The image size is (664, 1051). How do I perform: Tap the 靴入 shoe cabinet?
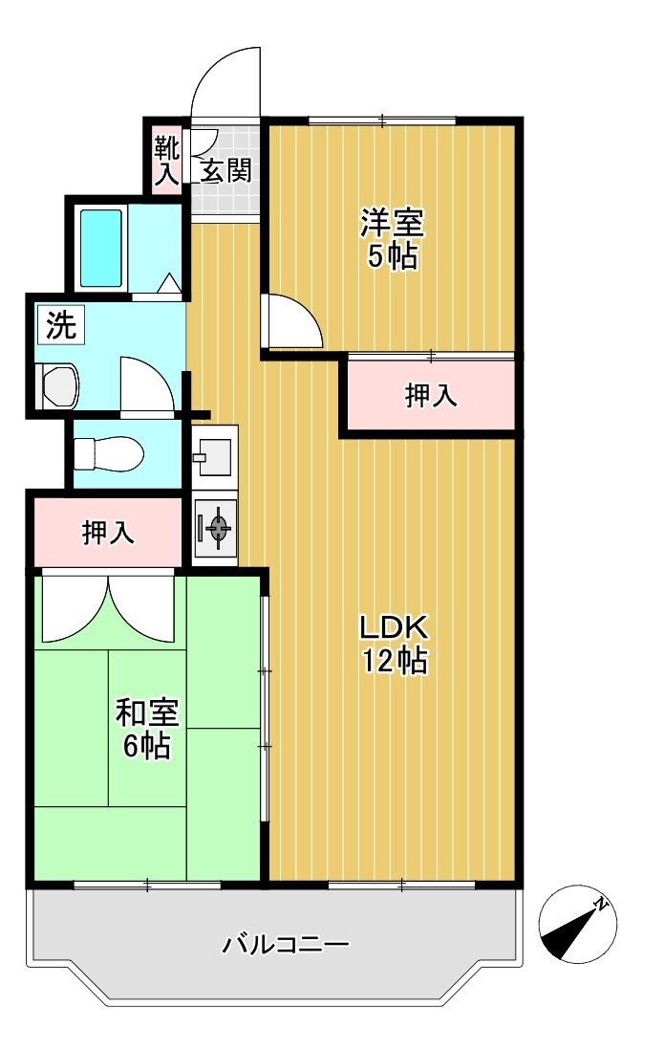166,160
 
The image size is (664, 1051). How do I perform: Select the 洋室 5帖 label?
393,239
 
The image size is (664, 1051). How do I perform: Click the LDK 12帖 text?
395,645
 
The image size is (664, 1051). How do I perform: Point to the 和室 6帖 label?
147,729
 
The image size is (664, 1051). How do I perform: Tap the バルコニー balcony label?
286,945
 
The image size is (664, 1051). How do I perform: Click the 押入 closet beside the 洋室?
430,396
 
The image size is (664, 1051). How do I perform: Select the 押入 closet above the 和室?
107,533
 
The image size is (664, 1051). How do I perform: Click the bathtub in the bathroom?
101,248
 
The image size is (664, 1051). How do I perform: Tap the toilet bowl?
108,454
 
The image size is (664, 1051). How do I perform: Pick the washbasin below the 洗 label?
58,386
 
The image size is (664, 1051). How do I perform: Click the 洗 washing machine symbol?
61,325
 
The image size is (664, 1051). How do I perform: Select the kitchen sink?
214,456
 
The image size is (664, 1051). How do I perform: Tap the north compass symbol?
578,925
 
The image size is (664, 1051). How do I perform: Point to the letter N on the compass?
601,905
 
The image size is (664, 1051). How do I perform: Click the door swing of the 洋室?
295,320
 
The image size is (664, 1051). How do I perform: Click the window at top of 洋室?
382,120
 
